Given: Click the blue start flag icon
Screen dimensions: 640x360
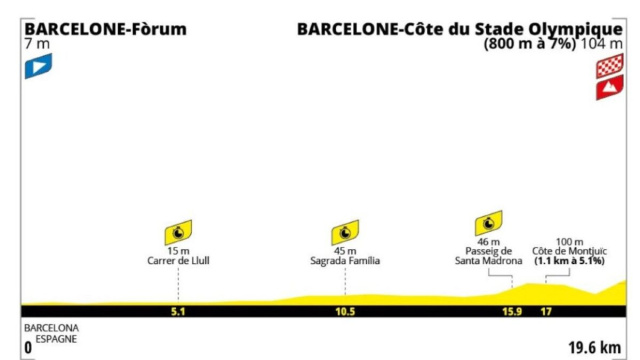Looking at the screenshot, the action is click(38, 66).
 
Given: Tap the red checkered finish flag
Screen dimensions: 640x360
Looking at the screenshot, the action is click(610, 66).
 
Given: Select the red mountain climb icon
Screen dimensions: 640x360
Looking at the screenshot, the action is click(610, 87).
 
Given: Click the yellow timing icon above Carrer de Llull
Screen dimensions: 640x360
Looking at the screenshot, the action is click(178, 233).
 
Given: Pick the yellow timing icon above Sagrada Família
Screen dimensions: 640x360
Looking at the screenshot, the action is click(345, 233).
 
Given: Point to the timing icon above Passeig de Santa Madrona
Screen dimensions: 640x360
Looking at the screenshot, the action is click(489, 223).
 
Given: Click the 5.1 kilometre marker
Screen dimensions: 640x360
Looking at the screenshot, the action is click(178, 312).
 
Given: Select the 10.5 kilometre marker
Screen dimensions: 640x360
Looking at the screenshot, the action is click(345, 312).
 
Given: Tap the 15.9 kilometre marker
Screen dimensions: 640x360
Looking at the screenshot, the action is click(512, 312).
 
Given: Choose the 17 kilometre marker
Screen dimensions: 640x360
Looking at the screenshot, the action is click(546, 312).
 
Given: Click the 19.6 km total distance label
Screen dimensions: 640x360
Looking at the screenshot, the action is click(595, 348).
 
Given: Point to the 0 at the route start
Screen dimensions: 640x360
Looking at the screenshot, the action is click(28, 348).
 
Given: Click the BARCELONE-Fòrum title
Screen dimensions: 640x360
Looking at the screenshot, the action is click(106, 29).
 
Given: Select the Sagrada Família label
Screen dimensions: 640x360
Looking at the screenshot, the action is click(345, 261).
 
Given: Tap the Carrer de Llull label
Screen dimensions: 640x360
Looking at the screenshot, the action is click(178, 261).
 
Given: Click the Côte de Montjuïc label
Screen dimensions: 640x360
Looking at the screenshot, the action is click(569, 251).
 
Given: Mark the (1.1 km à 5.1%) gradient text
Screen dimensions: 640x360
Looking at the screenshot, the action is click(569, 261).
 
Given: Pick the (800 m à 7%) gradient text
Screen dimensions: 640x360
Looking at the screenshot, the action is click(530, 43).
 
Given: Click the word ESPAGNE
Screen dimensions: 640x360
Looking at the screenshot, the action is click(56, 339).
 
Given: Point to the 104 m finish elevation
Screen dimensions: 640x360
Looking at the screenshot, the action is click(602, 43).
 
